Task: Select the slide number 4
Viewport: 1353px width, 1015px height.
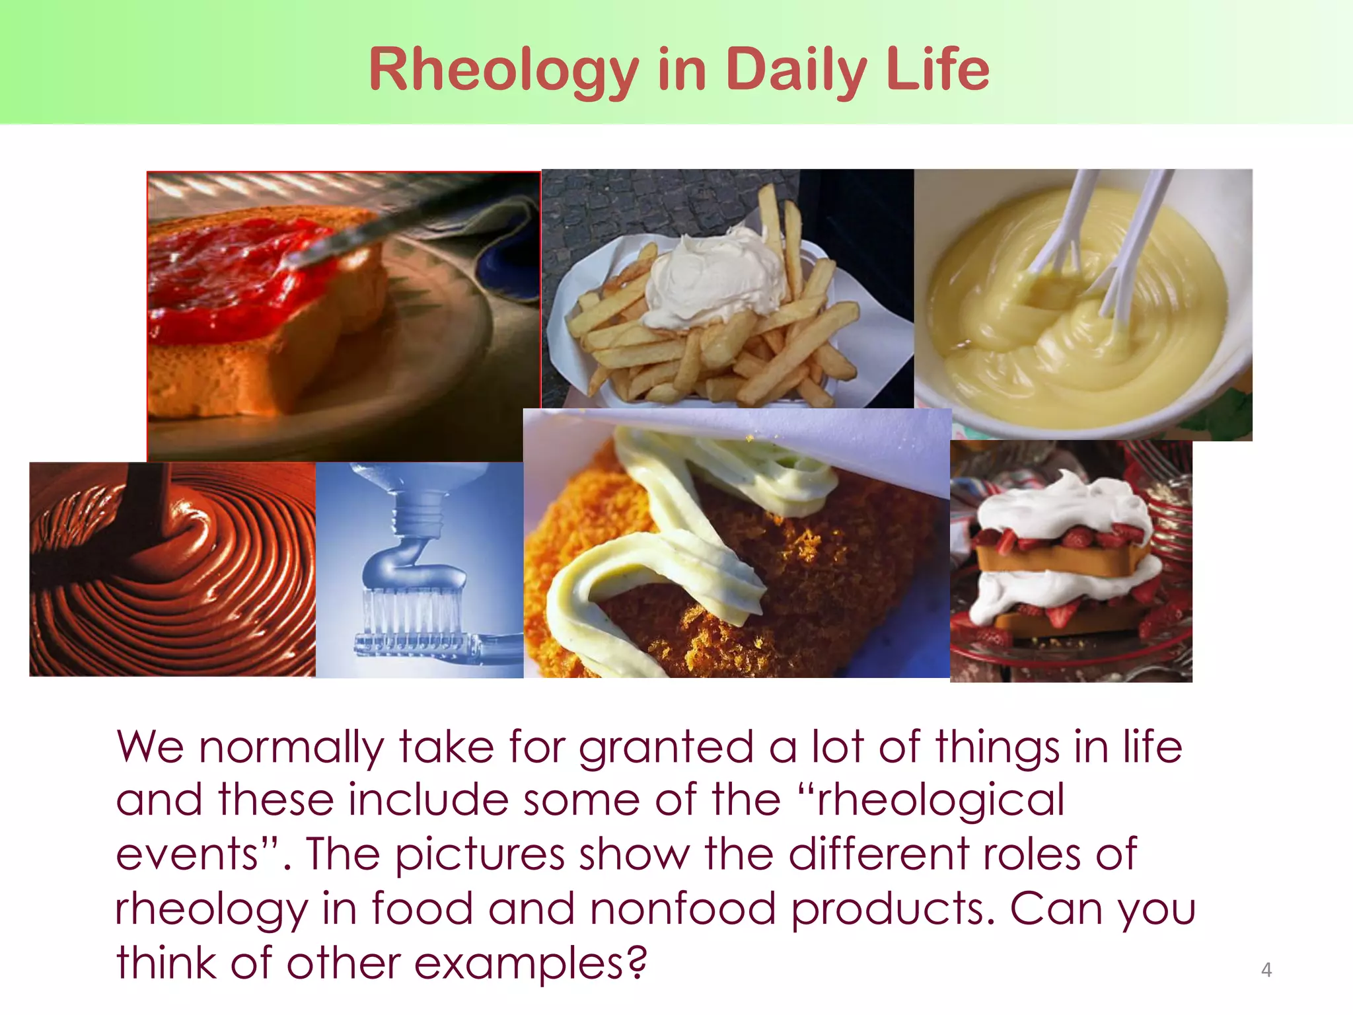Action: (x=1266, y=969)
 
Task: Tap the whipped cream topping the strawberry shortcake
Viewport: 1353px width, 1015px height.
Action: (x=1064, y=502)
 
